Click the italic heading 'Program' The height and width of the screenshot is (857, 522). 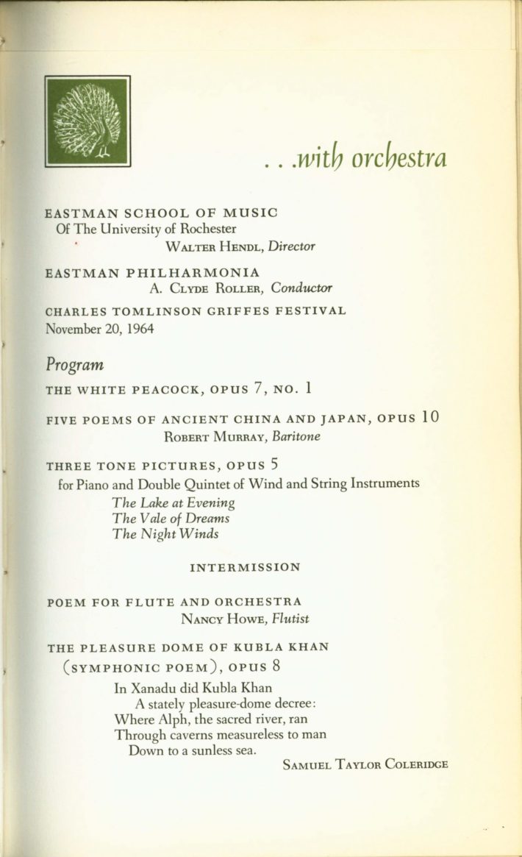tap(74, 365)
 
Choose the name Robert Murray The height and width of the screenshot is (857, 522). tap(215, 435)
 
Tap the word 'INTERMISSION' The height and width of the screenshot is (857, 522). tap(245, 567)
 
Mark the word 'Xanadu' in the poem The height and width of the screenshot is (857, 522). tap(150, 689)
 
